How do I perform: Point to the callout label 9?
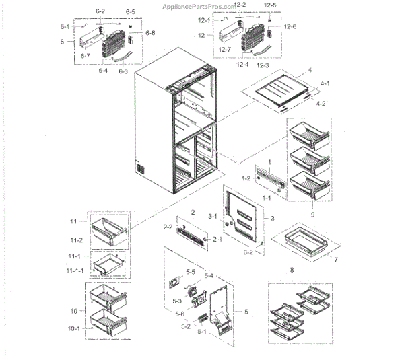pos(311,214)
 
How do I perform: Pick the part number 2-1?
pos(217,240)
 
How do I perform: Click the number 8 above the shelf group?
pos(292,271)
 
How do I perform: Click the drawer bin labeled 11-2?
pos(108,233)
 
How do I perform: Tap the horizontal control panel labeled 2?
pos(192,233)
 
